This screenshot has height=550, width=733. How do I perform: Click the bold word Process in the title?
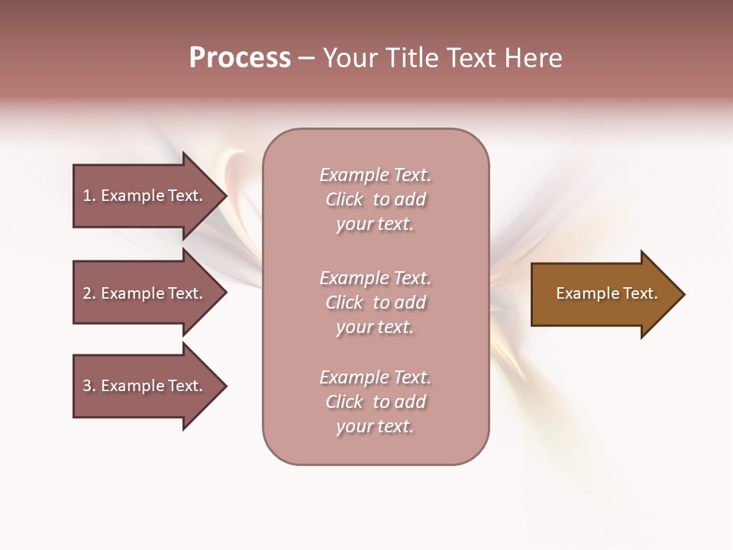pos(240,58)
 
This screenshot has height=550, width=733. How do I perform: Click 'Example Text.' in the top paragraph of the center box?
pos(375,175)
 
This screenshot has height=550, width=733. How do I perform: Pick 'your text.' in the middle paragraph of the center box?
pos(375,327)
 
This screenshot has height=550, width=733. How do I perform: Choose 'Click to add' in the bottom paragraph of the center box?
pos(375,402)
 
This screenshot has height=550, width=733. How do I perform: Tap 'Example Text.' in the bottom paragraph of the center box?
pos(375,377)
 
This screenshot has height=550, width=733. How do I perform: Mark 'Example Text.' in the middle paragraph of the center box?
pos(375,278)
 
